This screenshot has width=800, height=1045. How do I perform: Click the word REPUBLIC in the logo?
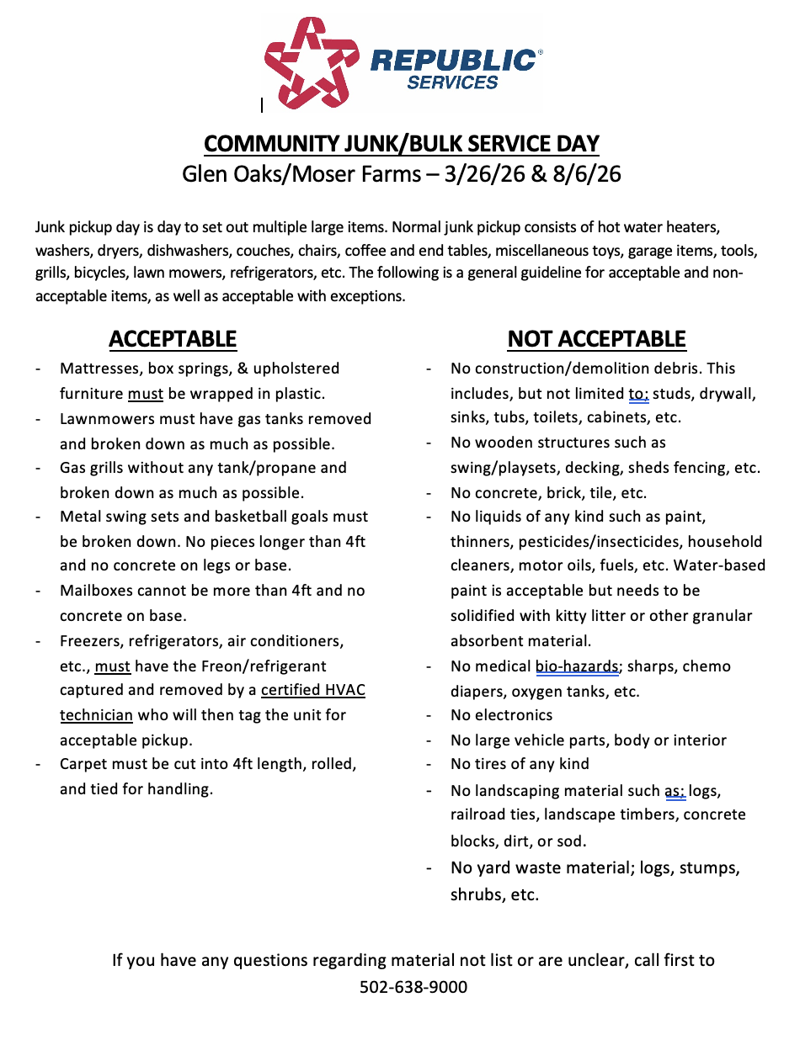[x=452, y=61]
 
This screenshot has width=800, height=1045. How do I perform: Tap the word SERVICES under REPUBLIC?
[x=452, y=82]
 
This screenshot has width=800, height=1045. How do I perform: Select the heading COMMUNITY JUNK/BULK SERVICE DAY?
[x=401, y=143]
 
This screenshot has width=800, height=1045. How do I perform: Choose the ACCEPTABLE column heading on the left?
[x=173, y=339]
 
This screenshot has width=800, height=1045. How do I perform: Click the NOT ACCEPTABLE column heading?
[x=596, y=339]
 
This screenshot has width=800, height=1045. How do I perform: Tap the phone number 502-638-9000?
[x=413, y=986]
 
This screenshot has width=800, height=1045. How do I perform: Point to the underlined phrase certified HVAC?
[x=313, y=691]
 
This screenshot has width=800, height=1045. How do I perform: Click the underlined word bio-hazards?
[x=578, y=666]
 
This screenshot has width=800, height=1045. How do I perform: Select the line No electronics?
[x=501, y=715]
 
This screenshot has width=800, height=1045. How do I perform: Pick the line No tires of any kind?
[x=520, y=764]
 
